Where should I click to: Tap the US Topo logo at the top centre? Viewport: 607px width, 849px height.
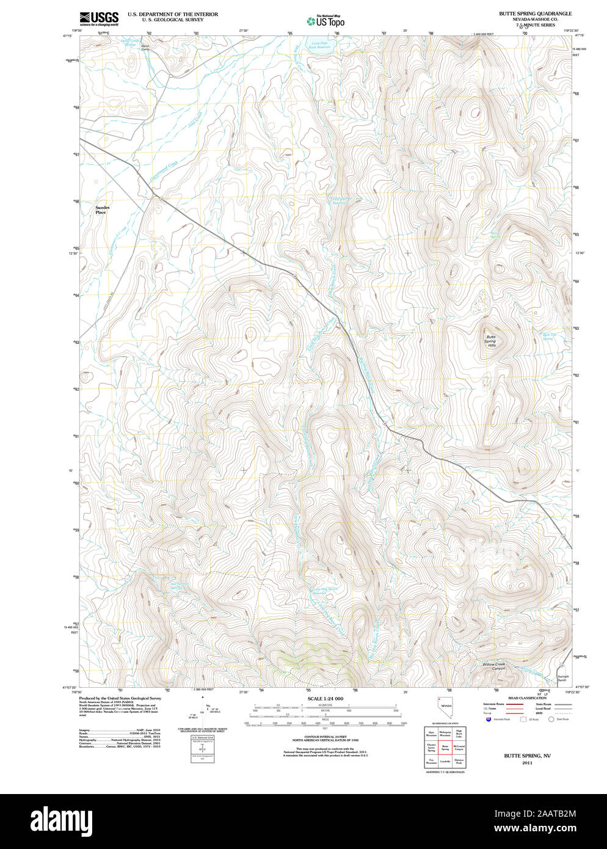(x=326, y=21)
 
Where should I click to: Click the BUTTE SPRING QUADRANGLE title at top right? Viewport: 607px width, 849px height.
(x=535, y=13)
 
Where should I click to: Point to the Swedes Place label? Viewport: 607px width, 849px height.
(x=101, y=210)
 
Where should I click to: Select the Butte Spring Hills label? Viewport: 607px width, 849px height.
(x=491, y=341)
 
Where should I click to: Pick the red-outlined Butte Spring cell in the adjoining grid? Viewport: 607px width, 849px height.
(x=445, y=746)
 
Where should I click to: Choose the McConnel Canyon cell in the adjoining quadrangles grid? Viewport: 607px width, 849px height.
(x=459, y=746)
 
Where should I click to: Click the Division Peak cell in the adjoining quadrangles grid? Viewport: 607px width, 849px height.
(x=459, y=761)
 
